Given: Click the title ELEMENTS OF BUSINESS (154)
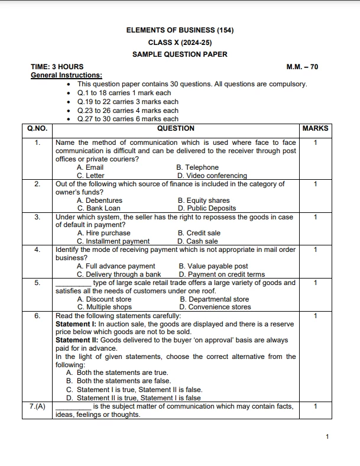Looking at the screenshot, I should [x=180, y=30].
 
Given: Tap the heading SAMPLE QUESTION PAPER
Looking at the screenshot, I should [x=180, y=54].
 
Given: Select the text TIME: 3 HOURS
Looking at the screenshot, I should [x=57, y=67].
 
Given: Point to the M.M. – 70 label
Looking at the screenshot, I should [x=302, y=67].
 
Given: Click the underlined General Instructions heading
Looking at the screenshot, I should [x=66, y=75].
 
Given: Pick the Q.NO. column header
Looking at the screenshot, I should [x=37, y=128].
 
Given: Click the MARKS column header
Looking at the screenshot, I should [x=314, y=128].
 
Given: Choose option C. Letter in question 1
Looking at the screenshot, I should [x=90, y=176].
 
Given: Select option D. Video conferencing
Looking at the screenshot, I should [x=212, y=176].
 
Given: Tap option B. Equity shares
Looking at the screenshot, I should [x=203, y=200].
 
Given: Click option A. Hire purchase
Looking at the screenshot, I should [x=103, y=233].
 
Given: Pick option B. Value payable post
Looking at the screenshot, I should [x=213, y=266].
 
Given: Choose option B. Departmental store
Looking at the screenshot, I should [x=214, y=299].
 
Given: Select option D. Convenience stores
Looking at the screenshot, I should [x=215, y=308].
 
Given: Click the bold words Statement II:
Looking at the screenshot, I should [x=76, y=340].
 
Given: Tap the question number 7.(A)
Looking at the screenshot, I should [x=37, y=406].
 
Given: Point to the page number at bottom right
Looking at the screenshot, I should [x=327, y=436].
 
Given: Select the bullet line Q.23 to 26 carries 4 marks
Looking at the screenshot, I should [x=128, y=111].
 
